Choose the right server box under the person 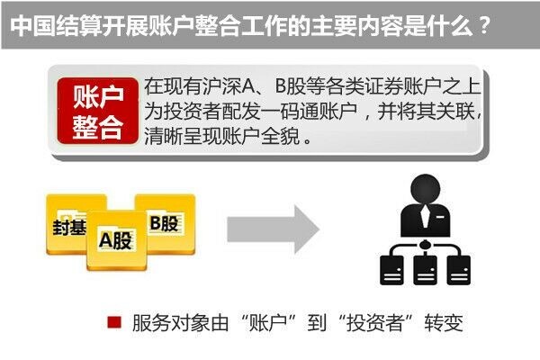(456, 268)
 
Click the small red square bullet (113, 322)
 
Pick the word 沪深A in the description (235, 87)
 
